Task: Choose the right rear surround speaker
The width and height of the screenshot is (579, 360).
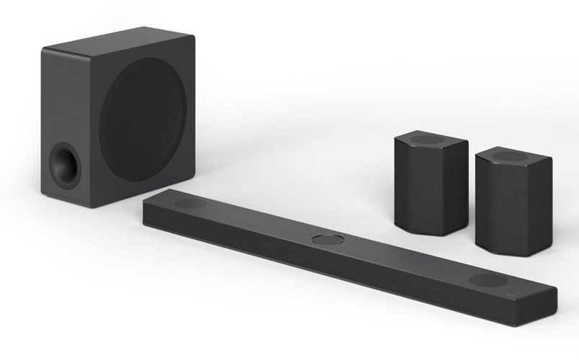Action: click(x=513, y=199)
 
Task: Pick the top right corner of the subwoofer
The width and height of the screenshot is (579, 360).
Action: click(x=193, y=36)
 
